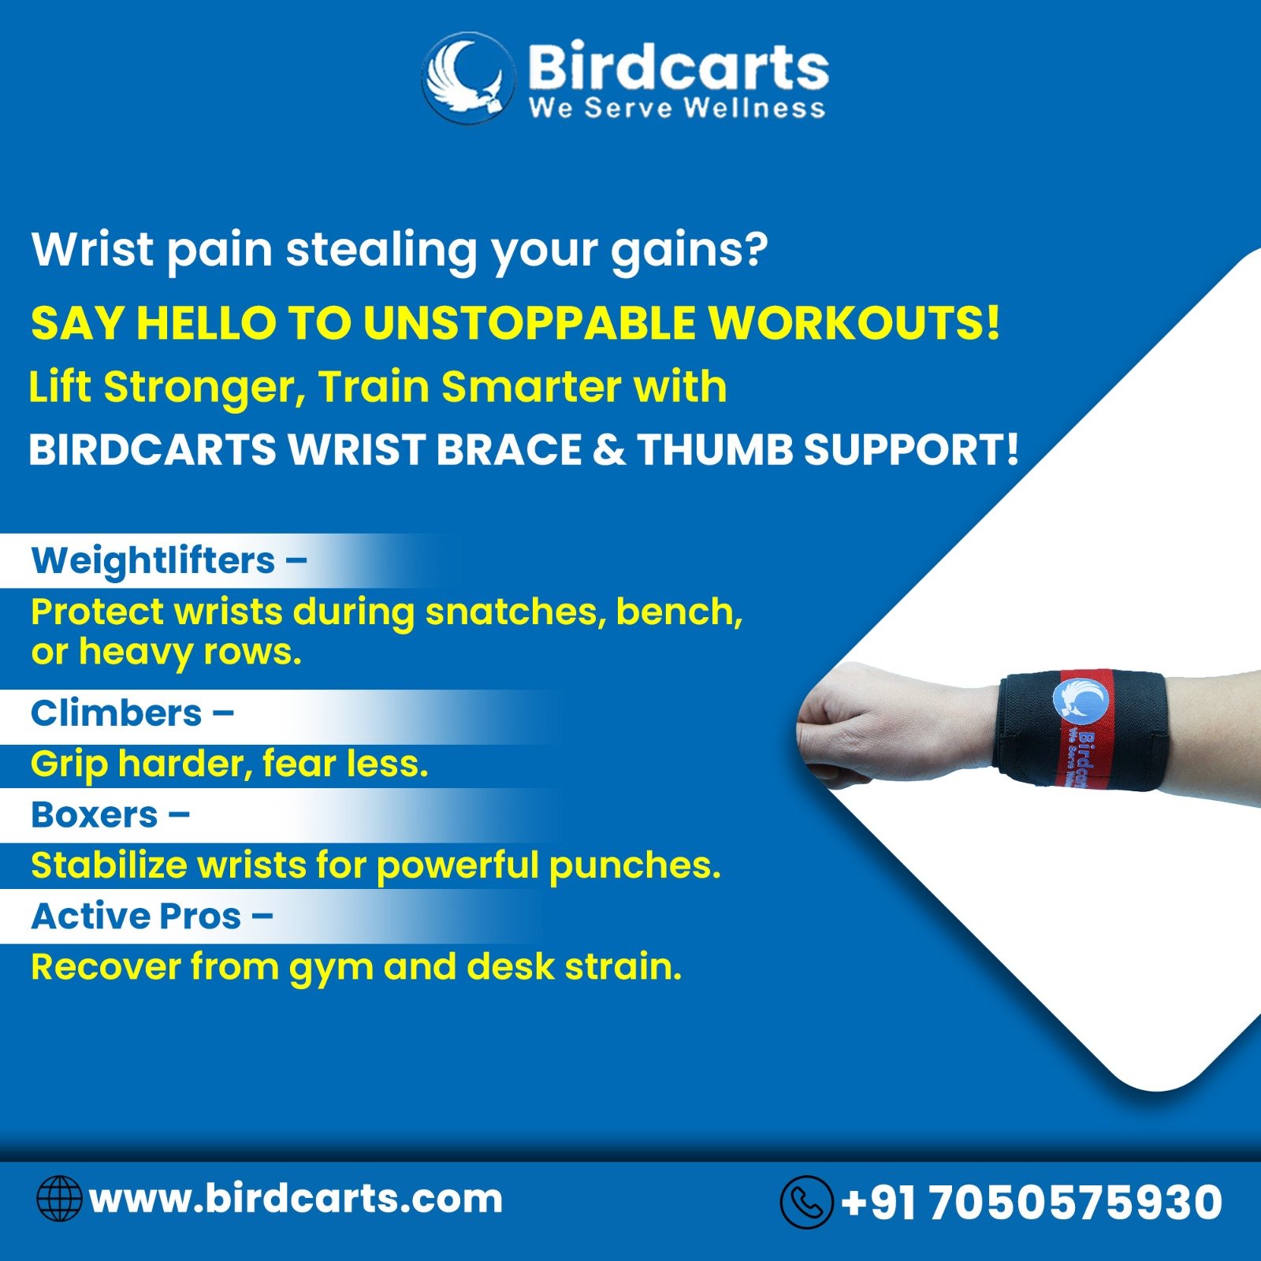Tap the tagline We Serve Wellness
[677, 108]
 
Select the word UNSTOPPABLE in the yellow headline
[530, 323]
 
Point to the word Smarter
[531, 387]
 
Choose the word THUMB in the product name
[713, 449]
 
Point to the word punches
[634, 866]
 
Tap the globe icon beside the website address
[59, 1199]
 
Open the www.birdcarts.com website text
[296, 1199]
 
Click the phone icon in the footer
[806, 1202]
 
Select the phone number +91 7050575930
[1032, 1203]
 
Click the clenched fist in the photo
[851, 723]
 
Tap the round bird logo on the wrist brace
[1081, 701]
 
